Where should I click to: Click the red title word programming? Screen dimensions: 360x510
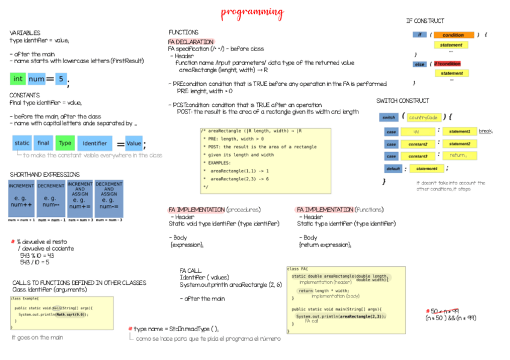click(252, 12)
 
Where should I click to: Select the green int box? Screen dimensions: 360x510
click(18, 79)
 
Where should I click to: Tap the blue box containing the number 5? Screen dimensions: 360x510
click(61, 79)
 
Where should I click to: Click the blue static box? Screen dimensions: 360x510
click(22, 143)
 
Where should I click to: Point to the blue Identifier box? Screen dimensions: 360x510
click(94, 143)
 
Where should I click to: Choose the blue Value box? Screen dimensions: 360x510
click(134, 143)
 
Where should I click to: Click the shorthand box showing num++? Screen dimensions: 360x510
click(21, 199)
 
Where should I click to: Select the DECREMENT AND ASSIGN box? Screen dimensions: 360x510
click(109, 199)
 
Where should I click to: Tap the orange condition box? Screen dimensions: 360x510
click(453, 35)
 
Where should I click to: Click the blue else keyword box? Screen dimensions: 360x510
click(419, 64)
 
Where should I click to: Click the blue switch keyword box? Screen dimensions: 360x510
click(389, 117)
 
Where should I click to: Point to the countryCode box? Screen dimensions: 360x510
click(425, 117)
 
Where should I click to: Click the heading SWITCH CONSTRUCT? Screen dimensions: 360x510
click(402, 101)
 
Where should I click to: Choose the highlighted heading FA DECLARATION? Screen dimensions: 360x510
click(190, 41)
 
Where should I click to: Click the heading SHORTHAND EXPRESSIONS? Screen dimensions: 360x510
click(45, 174)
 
